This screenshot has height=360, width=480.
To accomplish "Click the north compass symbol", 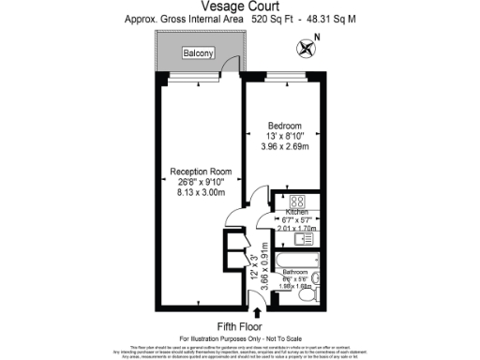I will coord(305,46).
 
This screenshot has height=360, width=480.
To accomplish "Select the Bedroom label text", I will coord(285,126).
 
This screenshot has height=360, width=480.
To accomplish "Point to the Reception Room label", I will coord(201,172).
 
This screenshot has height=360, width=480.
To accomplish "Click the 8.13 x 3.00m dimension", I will coord(201,191).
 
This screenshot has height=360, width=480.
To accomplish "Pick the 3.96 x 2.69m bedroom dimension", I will coord(285,146).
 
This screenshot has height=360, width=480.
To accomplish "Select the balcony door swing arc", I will coord(226,66).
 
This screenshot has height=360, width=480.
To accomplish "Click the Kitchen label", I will coord(296,214).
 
